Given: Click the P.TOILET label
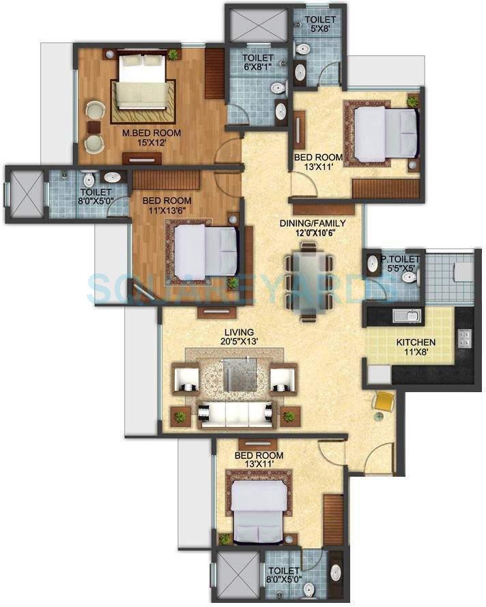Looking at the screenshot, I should click(401, 259).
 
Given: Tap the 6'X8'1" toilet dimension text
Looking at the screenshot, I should click(257, 68).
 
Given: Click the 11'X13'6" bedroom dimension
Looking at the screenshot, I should click(167, 211).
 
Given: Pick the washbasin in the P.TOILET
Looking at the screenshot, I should click(373, 263).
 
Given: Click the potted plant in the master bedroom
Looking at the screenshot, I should click(174, 55).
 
